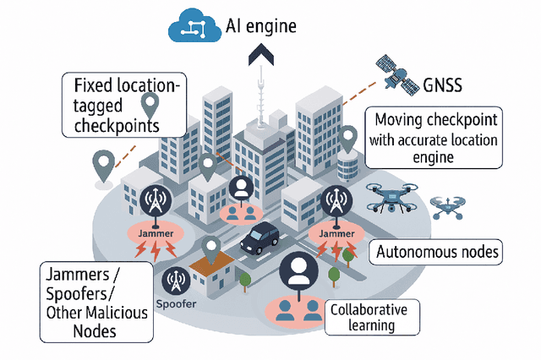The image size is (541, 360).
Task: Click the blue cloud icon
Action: [x=196, y=27]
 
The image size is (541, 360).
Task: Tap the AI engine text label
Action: [x=262, y=26]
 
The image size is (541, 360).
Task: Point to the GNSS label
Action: [x=443, y=85]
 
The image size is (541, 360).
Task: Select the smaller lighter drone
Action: [x=448, y=205]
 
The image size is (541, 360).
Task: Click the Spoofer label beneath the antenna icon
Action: [x=176, y=302]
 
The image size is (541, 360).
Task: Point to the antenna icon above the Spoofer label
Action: [x=176, y=279]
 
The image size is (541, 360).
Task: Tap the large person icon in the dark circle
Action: [x=298, y=270]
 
